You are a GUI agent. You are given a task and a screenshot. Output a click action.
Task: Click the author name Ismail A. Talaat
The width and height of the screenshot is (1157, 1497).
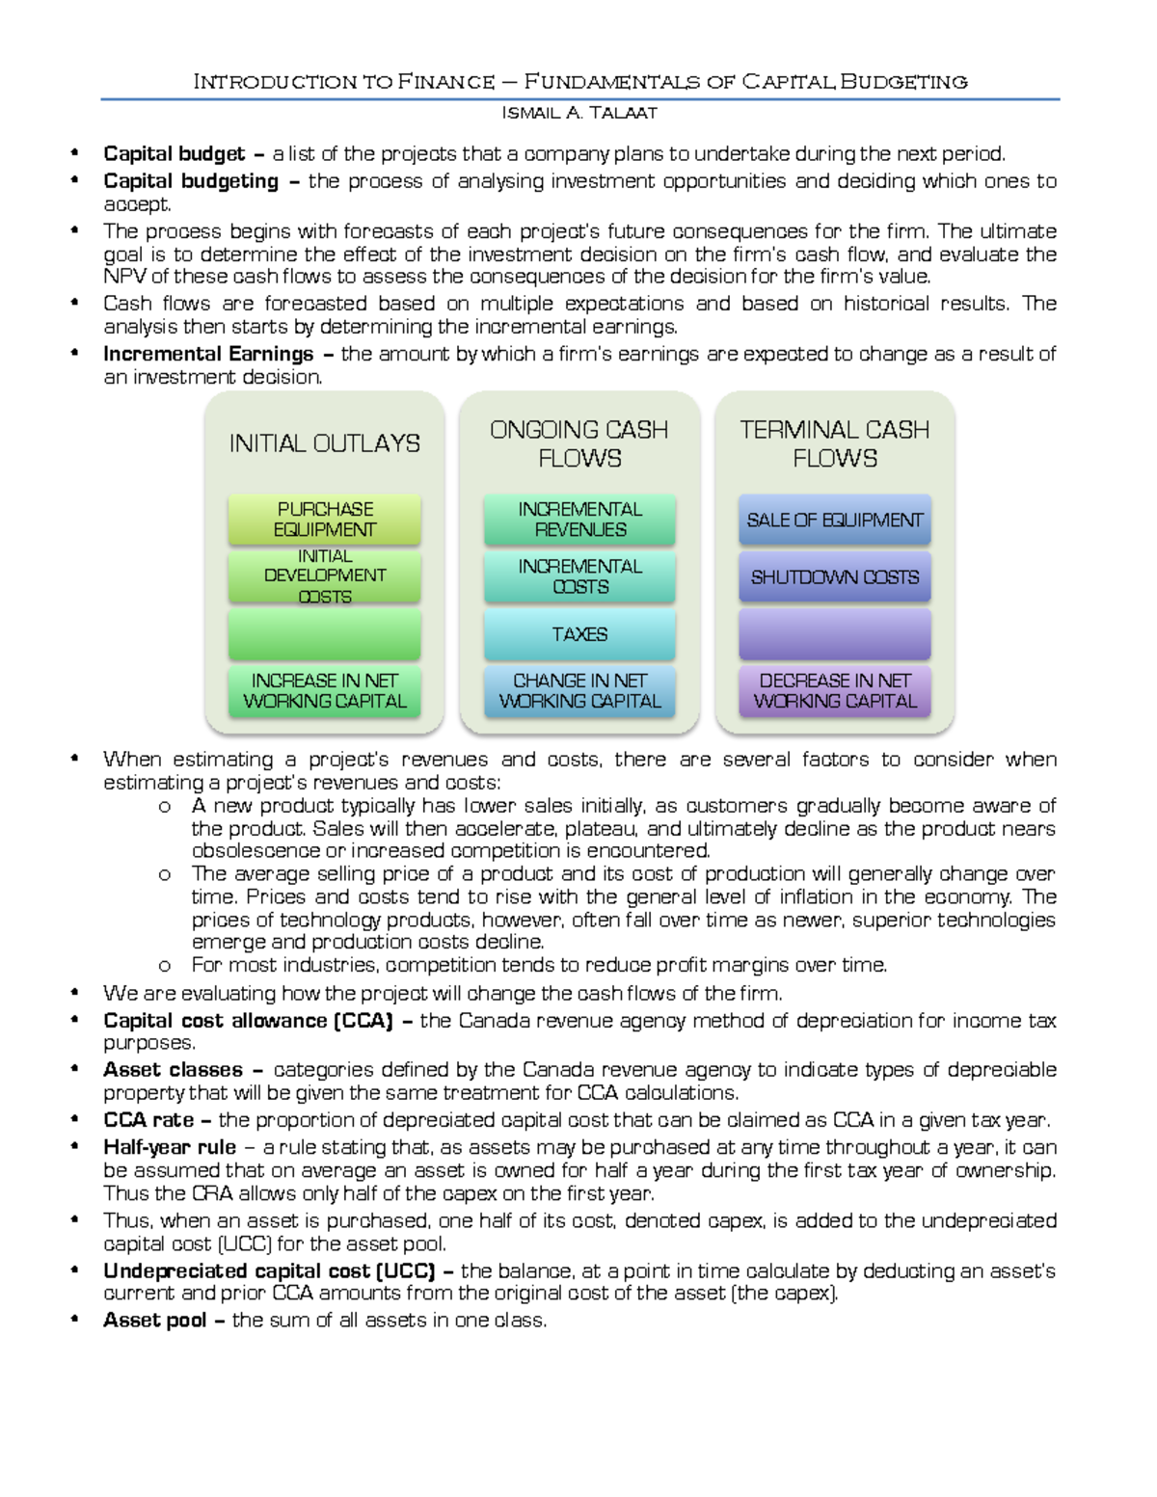pos(579,113)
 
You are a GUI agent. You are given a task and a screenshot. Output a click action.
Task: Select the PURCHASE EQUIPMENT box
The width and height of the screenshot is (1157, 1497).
pos(325,520)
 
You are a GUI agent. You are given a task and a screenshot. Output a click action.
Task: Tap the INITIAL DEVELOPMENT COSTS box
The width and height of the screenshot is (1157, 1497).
pos(325,576)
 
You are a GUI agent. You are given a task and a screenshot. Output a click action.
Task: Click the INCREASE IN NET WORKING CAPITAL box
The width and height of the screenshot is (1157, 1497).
pos(325,691)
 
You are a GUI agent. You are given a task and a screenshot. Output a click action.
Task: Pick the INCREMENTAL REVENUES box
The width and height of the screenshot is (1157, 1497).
pos(579,520)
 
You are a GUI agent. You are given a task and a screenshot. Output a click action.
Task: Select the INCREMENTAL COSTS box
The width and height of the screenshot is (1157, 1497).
pos(579,576)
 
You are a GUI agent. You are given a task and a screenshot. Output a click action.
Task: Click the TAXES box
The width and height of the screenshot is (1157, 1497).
pos(579,634)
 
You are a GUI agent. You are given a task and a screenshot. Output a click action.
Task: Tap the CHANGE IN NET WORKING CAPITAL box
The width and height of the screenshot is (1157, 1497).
pos(579,691)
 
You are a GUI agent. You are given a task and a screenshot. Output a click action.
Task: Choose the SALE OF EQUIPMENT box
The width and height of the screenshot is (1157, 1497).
pos(835,520)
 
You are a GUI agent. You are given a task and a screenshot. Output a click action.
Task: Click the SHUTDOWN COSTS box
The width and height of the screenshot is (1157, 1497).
pos(835,576)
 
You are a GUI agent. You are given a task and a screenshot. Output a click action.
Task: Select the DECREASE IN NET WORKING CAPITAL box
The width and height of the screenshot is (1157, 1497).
pos(835,691)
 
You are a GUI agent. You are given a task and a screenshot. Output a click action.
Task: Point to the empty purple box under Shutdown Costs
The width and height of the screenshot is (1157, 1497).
pos(835,634)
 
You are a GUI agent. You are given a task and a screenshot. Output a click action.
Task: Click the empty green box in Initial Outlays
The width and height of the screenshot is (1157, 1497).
pos(325,634)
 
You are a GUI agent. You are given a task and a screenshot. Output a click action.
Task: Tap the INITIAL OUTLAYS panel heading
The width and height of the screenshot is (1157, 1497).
pos(325,443)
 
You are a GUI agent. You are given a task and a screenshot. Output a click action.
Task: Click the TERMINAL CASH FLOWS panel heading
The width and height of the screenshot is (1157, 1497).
pos(835,443)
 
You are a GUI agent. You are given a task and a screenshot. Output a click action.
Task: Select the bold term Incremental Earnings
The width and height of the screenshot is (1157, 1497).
pos(208,354)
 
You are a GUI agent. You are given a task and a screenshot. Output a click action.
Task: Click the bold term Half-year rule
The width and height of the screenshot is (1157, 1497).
pos(170,1147)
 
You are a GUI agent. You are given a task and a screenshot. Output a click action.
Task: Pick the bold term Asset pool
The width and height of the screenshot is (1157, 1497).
pos(155,1320)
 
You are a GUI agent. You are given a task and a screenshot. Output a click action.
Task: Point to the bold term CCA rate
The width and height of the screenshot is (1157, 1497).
pos(148,1120)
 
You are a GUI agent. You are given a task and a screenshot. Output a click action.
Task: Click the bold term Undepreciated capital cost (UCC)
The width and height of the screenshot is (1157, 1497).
pos(269,1270)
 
